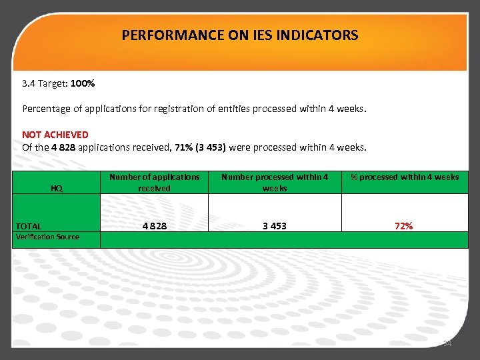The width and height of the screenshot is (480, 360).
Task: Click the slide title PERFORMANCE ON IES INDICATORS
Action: (x=240, y=35)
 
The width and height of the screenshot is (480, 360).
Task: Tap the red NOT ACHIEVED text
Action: (x=55, y=135)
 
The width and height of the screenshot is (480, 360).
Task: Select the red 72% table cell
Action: (x=403, y=226)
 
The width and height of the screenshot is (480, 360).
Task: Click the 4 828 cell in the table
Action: (x=154, y=226)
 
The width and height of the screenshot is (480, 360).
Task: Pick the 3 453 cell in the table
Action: (x=274, y=226)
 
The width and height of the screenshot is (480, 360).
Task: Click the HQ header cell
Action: (x=57, y=189)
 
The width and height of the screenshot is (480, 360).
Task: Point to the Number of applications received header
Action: (x=154, y=183)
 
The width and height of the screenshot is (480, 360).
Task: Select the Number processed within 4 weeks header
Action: (x=274, y=183)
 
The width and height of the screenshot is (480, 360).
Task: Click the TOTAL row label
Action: (x=29, y=226)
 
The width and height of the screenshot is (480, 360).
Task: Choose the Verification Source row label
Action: (x=47, y=237)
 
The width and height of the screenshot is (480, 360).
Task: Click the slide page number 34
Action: (x=447, y=343)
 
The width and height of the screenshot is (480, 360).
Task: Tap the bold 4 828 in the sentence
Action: (x=63, y=147)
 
